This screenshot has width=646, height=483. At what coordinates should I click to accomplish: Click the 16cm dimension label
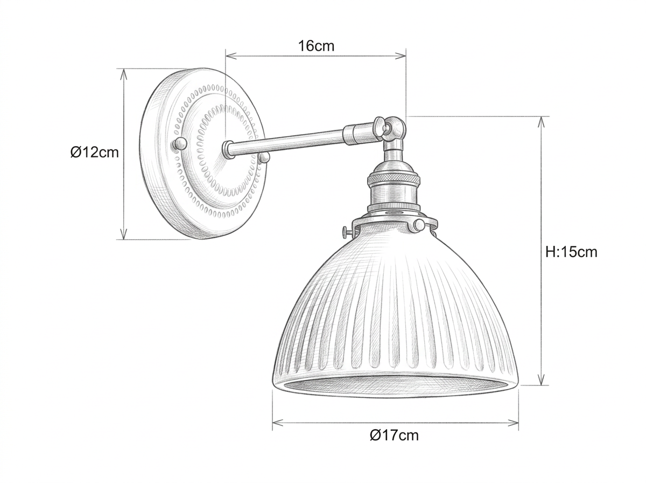tap(317, 46)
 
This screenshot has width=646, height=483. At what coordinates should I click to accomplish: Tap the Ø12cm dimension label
tap(94, 153)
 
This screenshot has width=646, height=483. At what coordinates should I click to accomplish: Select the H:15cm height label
tap(571, 252)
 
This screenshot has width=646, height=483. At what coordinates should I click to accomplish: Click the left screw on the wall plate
tap(179, 143)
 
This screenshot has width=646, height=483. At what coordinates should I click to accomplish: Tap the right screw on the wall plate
tap(264, 157)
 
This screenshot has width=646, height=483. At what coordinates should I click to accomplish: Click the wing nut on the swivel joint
tap(380, 126)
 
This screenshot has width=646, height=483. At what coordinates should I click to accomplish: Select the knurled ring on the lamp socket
tap(393, 178)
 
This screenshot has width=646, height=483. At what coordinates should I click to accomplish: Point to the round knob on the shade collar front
tap(419, 225)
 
